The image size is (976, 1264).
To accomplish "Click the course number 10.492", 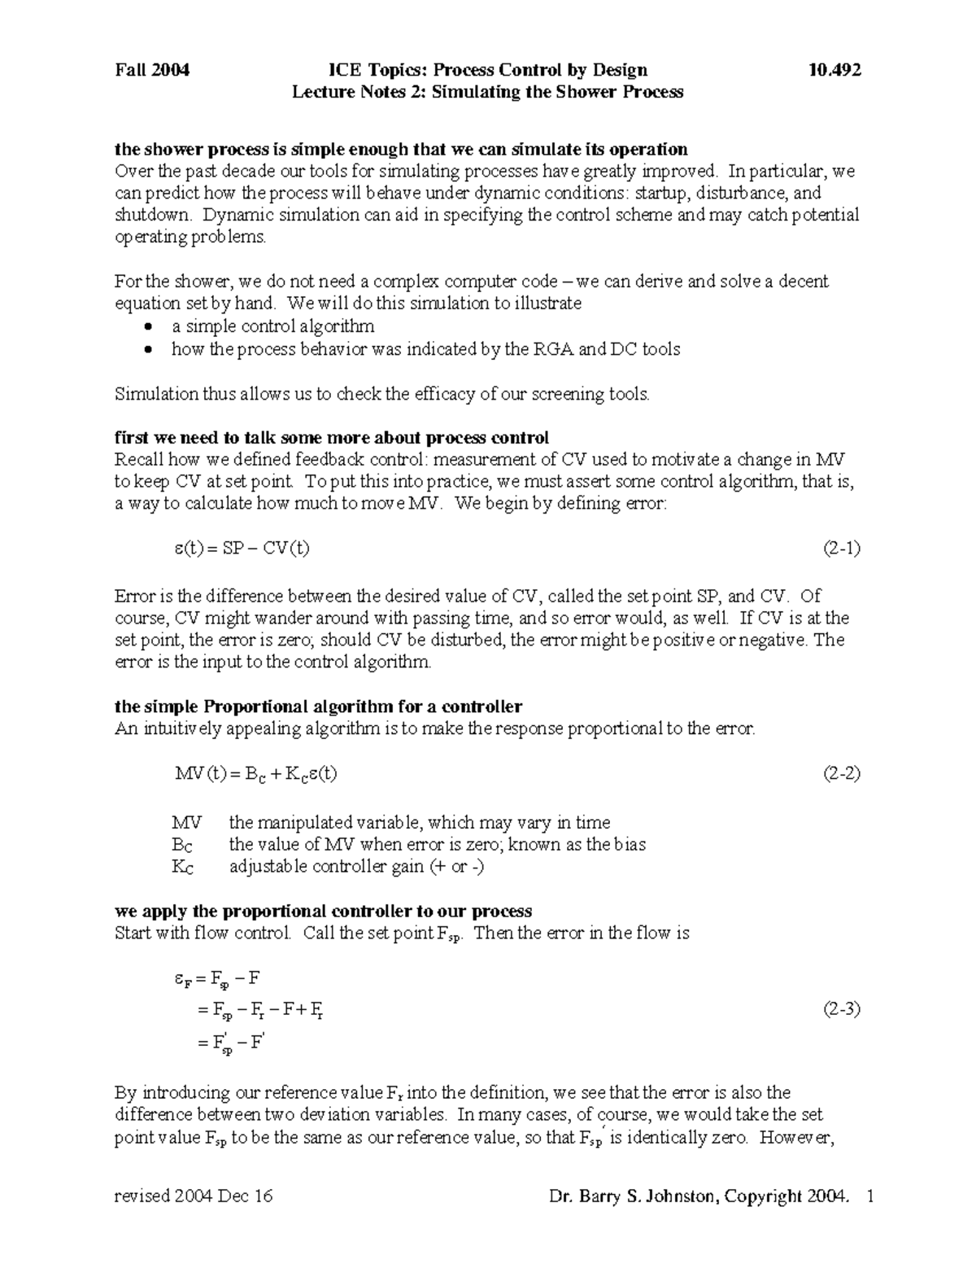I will [x=834, y=70].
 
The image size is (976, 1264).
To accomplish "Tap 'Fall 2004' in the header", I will [x=152, y=70].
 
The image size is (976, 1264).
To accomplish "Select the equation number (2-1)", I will [x=841, y=548].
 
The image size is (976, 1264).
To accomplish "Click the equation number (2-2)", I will [x=841, y=773].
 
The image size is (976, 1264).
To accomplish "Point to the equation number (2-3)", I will [x=841, y=1010].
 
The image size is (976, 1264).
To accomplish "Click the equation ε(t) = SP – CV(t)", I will [x=242, y=548].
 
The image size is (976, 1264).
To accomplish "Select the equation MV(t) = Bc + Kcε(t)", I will [x=255, y=773].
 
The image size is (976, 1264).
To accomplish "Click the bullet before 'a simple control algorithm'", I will [x=147, y=327].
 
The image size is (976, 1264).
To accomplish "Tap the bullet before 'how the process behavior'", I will [x=147, y=350].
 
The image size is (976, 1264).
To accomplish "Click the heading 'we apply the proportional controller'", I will [x=323, y=911].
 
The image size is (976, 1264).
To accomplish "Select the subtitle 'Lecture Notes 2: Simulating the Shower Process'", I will [x=487, y=92].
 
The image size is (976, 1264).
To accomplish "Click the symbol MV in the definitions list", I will [x=186, y=822].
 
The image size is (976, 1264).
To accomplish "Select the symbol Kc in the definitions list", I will [x=183, y=867].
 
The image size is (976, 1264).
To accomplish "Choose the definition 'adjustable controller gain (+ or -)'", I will [x=356, y=867].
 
